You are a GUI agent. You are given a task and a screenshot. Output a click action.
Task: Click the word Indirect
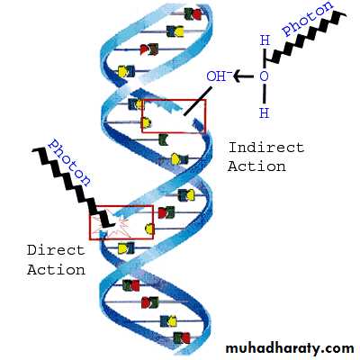pos(266,148)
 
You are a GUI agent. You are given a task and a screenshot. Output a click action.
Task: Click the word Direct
pos(56,250)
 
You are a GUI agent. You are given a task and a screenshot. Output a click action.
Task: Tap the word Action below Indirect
pos(256,166)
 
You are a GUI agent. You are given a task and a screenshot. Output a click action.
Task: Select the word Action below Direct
pos(56,270)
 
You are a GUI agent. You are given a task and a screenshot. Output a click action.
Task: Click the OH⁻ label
pos(216,76)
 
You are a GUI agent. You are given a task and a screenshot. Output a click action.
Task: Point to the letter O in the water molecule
pos(264,76)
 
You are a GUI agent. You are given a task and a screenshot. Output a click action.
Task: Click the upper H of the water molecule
pos(265,40)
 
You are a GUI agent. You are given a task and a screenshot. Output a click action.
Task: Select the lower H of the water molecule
pos(264,113)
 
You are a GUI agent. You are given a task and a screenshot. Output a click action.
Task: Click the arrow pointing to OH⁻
pos(243,76)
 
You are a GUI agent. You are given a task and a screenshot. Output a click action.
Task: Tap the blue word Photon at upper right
pos(308,19)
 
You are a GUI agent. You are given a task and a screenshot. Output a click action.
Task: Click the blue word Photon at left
pos(69,163)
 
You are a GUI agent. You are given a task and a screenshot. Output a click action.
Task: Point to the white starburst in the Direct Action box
pos(115,223)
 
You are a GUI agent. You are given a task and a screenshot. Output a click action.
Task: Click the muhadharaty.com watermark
pos(290,348)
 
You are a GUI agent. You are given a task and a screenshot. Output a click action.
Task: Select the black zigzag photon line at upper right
pos(306,38)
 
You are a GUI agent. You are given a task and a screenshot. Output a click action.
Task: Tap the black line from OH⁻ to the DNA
pos(198,101)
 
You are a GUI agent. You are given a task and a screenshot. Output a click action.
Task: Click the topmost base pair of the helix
pos(193,13)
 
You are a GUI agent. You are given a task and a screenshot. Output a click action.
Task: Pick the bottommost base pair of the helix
pos(182,338)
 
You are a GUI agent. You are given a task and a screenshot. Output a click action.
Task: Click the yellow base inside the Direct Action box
pos(149,229)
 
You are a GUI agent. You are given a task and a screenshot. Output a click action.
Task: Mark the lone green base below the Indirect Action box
pos(163,139)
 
